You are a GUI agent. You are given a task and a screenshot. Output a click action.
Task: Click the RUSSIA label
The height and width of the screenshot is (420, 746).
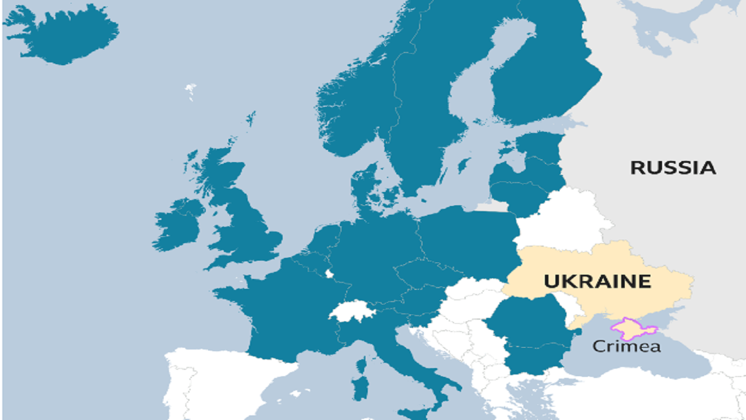point(673,168)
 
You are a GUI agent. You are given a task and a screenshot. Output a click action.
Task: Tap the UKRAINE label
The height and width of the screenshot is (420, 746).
point(597,281)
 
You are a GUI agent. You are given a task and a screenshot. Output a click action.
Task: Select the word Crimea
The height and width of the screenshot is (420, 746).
point(627,346)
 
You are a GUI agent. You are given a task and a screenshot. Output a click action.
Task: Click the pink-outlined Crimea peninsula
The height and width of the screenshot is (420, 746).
point(632,328)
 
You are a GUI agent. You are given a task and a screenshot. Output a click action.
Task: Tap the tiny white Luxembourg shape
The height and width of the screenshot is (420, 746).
point(329,274)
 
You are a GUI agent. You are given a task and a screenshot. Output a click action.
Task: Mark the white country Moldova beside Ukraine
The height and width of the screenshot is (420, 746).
point(564,309)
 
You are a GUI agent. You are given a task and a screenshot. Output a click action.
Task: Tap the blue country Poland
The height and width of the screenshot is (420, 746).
point(466,239)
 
